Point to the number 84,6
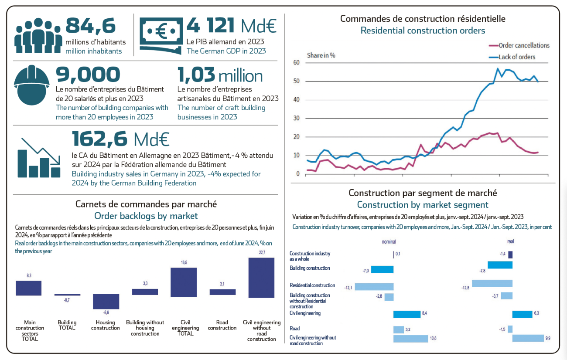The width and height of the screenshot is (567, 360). coord(91,26)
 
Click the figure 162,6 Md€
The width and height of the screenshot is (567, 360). coord(120,139)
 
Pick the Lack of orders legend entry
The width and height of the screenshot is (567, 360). coord(516,57)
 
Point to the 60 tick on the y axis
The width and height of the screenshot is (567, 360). coord(297,63)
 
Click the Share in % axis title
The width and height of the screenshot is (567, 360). coord(321,55)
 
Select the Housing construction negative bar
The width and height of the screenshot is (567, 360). coord(106,302)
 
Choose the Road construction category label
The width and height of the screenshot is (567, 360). coord(222,325)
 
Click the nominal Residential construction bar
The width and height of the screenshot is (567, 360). coord(374,287)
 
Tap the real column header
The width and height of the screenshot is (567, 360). coord(510,241)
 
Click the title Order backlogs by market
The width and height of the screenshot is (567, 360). coord(146,216)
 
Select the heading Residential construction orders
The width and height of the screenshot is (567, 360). coord(423,31)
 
